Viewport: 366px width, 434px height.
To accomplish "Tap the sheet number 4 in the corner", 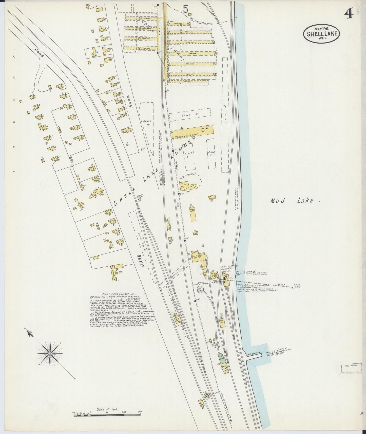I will [349, 15].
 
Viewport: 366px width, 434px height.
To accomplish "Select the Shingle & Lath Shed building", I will [192, 133].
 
